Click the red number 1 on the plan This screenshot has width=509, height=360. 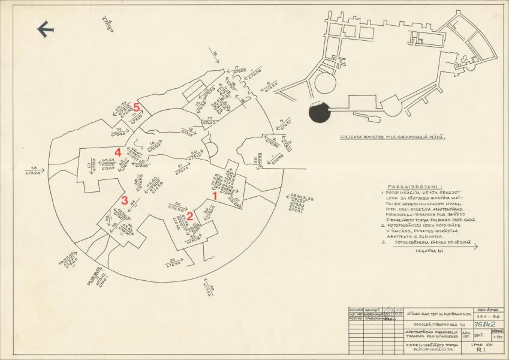[x=215, y=195]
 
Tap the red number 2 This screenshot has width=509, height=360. [x=190, y=216]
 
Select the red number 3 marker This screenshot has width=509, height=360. [x=125, y=200]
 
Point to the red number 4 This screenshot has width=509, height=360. [x=118, y=152]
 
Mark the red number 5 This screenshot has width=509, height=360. [x=137, y=107]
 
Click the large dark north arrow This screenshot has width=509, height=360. [x=46, y=29]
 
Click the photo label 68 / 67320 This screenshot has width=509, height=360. [x=34, y=170]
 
